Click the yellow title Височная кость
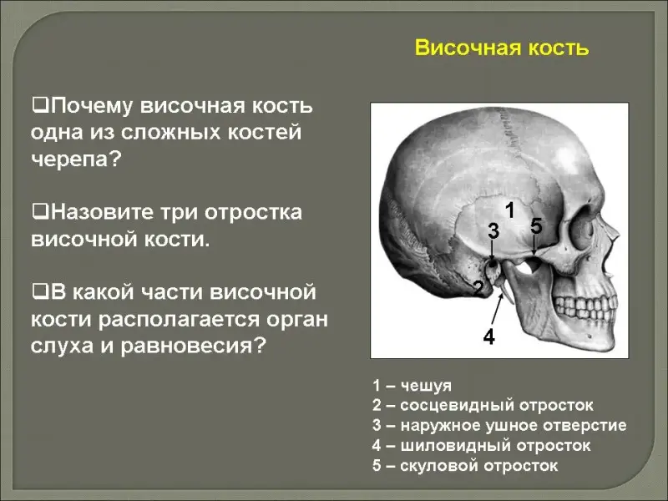[x=502, y=48]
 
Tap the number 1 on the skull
[x=509, y=210]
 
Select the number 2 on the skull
[x=478, y=289]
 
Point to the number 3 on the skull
[x=493, y=231]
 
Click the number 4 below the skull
[x=489, y=337]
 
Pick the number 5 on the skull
[x=536, y=225]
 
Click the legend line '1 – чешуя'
[x=412, y=386]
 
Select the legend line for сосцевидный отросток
[x=483, y=405]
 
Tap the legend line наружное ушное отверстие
[x=499, y=425]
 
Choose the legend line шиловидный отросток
[x=482, y=446]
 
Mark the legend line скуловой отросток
[x=465, y=466]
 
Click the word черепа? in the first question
[x=77, y=159]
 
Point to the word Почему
[x=92, y=107]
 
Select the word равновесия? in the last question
[x=194, y=346]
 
